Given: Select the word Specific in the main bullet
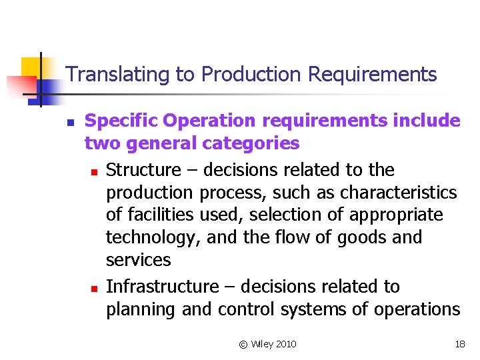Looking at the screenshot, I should click(122, 121).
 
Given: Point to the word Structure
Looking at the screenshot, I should click(143, 170).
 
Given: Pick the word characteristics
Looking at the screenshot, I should click(398, 193).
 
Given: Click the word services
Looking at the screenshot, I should click(138, 260).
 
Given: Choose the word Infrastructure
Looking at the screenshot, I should click(162, 287).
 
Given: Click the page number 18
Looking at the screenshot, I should click(459, 344).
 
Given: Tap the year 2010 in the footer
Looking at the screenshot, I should click(285, 344).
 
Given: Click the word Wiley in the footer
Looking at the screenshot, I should click(261, 344).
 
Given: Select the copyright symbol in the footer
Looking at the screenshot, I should click(243, 344).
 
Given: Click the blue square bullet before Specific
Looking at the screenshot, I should click(69, 123).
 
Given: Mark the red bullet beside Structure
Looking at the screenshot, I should click(95, 172).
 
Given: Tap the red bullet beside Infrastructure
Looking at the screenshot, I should click(95, 289).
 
